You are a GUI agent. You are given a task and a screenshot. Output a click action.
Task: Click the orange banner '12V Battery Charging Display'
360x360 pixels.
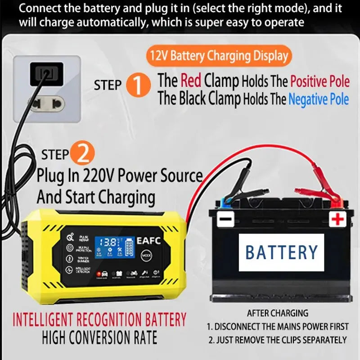pyautogui.click(x=219, y=56)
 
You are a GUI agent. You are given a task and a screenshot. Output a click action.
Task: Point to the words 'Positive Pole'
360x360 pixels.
pyautogui.click(x=319, y=81)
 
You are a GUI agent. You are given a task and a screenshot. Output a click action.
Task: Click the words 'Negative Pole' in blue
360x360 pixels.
pyautogui.click(x=318, y=99)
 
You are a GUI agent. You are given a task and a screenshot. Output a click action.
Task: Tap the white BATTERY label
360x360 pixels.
pyautogui.click(x=281, y=252)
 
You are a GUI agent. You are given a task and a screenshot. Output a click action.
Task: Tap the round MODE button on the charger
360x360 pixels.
pyautogui.click(x=147, y=255)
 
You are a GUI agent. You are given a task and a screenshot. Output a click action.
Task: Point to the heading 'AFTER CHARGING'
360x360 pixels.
pyautogui.click(x=277, y=313)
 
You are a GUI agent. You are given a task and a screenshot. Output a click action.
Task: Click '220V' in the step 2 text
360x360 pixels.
pyautogui.click(x=100, y=175)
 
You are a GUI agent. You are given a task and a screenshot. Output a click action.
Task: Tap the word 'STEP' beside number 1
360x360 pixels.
pyautogui.click(x=108, y=85)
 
